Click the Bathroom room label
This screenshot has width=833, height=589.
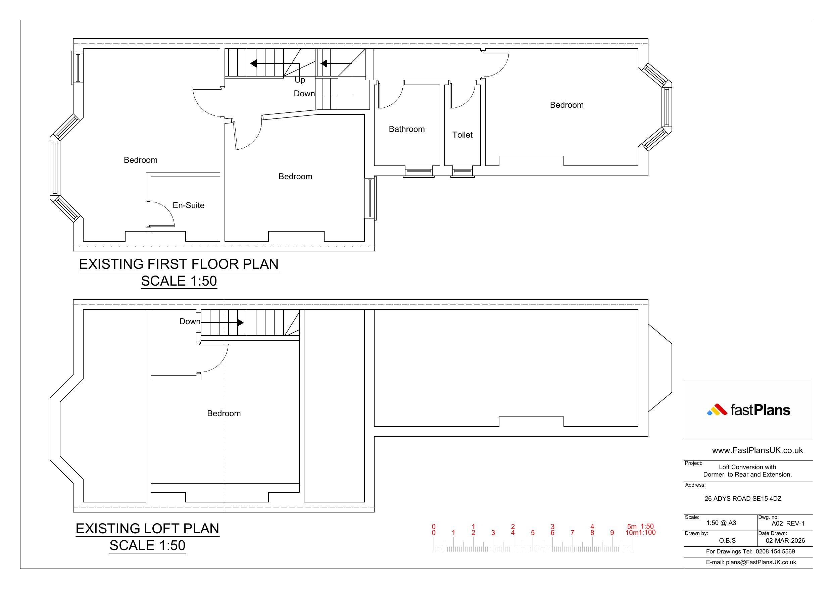(407, 129)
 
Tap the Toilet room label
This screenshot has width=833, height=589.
(462, 135)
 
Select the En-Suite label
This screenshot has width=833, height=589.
(188, 205)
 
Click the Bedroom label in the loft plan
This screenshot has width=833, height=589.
(224, 413)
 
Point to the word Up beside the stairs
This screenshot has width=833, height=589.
(300, 80)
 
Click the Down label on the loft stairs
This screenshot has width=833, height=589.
(190, 322)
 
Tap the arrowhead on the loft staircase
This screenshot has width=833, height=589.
(240, 323)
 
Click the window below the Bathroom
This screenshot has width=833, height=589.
(419, 171)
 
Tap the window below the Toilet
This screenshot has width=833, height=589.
(462, 171)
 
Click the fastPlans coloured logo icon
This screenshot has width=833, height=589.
(717, 410)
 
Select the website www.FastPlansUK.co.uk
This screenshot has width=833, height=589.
(757, 450)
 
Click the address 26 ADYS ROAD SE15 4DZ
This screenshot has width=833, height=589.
(743, 499)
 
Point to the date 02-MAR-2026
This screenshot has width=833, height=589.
(785, 540)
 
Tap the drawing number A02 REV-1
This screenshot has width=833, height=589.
(788, 523)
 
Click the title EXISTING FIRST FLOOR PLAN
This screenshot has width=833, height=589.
(179, 264)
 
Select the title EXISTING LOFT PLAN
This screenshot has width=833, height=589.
(147, 528)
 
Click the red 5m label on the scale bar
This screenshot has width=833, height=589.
(632, 526)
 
